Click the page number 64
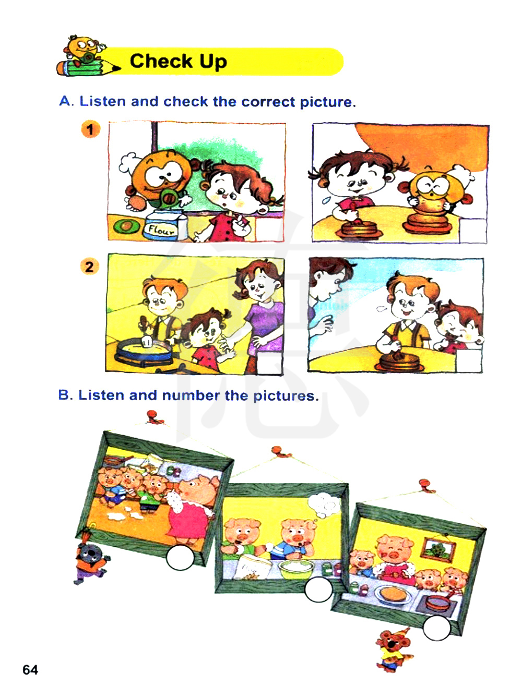30,670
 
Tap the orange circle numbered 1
90,129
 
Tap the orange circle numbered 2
90,266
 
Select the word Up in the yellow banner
213,62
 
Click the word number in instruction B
191,395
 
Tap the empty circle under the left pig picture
180,558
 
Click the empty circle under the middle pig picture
318,590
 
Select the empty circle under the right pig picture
436,628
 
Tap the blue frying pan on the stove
145,352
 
